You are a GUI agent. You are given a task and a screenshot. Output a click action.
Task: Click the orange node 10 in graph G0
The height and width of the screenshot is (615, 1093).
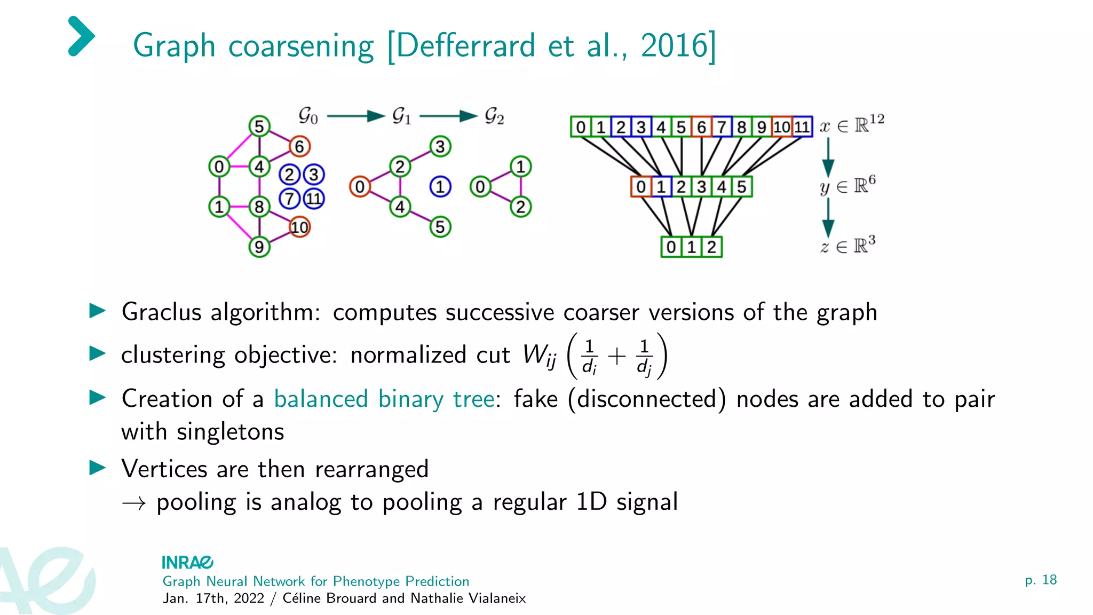[299, 227]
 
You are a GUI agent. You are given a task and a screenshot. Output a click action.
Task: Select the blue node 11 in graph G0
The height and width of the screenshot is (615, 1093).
[314, 199]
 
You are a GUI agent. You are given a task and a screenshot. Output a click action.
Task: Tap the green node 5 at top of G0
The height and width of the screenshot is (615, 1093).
[259, 127]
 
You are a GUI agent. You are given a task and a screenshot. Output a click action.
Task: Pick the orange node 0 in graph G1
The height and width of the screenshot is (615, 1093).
[360, 187]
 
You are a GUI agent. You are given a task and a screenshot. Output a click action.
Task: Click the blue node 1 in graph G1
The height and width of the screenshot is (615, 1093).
[440, 187]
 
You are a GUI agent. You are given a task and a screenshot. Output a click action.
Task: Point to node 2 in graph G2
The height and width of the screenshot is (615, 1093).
[520, 207]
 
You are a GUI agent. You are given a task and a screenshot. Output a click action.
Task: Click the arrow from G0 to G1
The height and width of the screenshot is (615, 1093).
[355, 116]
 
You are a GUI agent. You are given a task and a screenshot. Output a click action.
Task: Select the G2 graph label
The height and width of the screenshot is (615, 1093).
[494, 116]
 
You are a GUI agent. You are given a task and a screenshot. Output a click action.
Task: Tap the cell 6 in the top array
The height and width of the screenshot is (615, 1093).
[701, 127]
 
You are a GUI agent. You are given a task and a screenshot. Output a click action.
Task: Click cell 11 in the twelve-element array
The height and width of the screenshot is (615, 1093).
[802, 127]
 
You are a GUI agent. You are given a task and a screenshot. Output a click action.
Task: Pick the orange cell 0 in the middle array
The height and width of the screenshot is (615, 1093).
[641, 187]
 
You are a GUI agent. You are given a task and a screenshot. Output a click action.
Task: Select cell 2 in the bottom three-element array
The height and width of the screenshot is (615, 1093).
[711, 247]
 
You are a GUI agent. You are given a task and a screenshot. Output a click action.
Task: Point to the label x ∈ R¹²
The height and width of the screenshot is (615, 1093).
[852, 125]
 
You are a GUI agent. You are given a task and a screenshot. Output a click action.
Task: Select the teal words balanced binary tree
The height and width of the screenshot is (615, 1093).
[384, 399]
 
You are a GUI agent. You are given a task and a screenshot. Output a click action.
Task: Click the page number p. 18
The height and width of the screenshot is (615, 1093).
[1040, 580]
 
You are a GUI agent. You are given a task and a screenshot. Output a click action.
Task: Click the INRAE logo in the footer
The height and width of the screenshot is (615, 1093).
[187, 562]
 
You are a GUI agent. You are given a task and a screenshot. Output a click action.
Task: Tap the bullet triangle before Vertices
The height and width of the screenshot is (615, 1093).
[97, 468]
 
